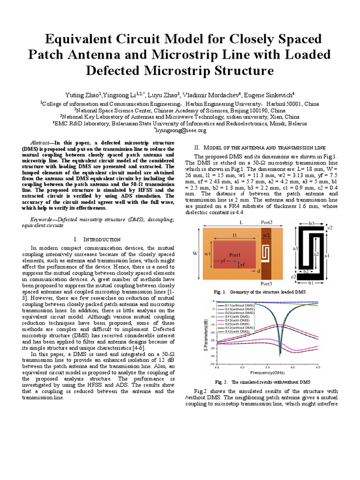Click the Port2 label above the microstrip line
point(266,222)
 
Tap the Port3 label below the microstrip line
point(267,284)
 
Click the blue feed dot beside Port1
point(235,261)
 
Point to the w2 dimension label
point(266,234)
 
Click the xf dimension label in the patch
point(242,265)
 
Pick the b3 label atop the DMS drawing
point(313,225)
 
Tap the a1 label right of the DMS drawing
point(334,255)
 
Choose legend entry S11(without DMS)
point(237,305)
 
